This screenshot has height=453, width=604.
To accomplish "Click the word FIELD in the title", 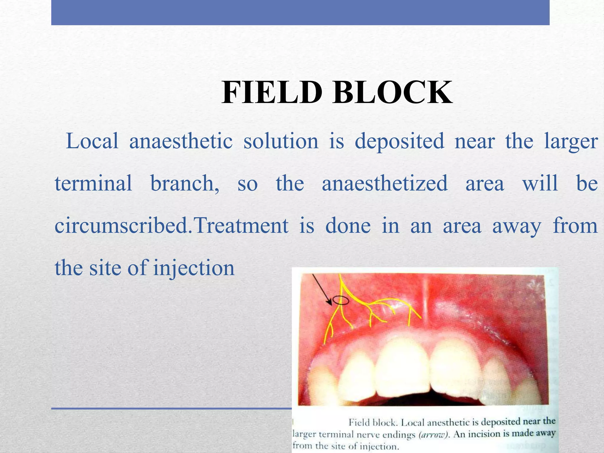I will [x=271, y=93].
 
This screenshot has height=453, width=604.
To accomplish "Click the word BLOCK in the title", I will [x=392, y=93].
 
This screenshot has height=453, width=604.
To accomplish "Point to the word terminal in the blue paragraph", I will [x=93, y=183].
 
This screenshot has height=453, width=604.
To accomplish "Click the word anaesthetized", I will [x=385, y=183].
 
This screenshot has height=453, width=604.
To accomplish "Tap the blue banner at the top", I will [x=300, y=12].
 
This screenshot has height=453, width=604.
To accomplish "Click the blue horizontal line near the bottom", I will [x=171, y=408].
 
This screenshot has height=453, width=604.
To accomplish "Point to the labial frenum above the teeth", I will [x=425, y=298].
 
